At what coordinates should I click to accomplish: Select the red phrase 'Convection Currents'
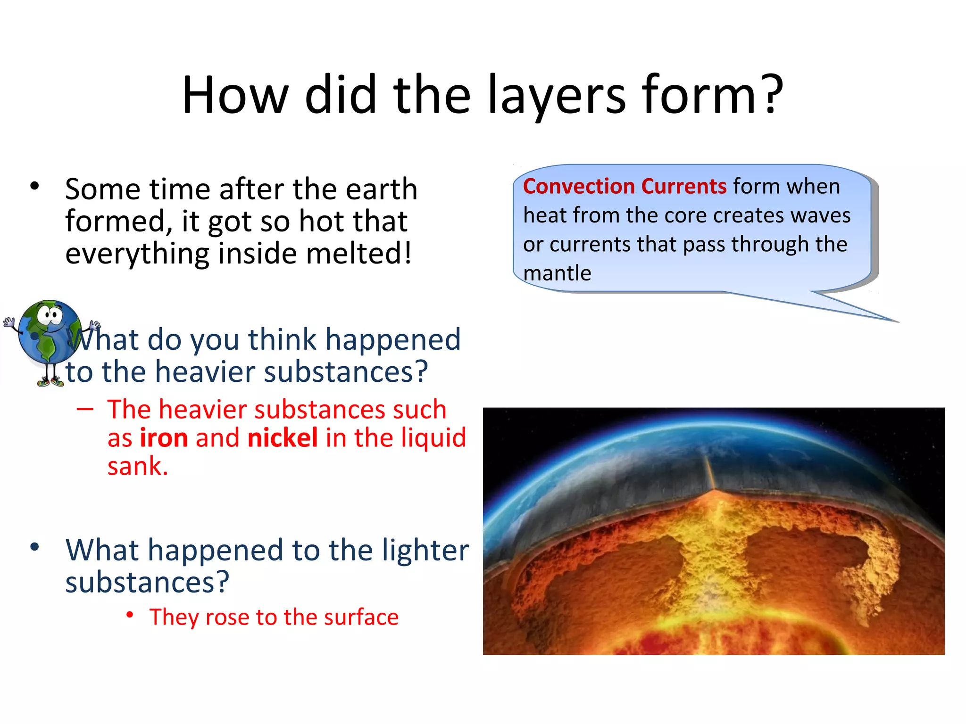[x=625, y=186]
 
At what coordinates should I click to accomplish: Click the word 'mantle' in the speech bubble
[x=557, y=273]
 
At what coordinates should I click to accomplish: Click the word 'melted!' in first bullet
[x=359, y=254]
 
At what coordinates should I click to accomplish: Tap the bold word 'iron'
[x=164, y=438]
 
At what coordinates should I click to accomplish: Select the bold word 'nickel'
[x=283, y=438]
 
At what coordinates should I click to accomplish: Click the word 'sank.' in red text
[x=137, y=467]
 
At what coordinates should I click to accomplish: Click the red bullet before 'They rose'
[x=130, y=615]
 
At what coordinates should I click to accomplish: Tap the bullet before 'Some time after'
[x=34, y=186]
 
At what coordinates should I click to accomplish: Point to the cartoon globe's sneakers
[x=50, y=382]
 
